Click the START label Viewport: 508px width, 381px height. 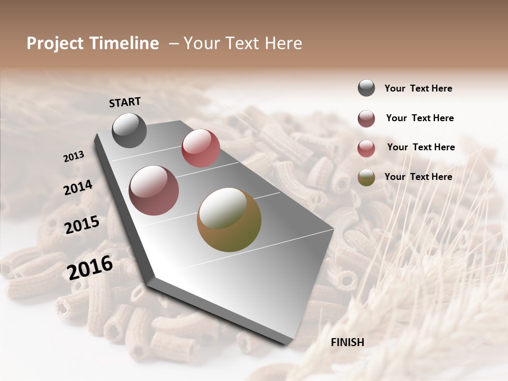(x=125, y=102)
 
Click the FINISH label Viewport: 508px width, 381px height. (x=347, y=342)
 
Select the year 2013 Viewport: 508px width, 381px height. (x=74, y=157)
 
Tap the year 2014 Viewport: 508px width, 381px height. (x=78, y=187)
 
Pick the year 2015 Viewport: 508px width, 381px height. (x=82, y=225)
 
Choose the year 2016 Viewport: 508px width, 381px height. (x=90, y=267)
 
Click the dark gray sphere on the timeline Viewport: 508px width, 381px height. (x=129, y=130)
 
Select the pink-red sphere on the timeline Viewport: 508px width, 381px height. (x=201, y=148)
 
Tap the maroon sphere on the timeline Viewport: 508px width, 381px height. (x=154, y=190)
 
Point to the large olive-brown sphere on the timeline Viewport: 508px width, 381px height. (x=229, y=220)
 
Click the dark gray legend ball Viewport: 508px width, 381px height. (x=366, y=88)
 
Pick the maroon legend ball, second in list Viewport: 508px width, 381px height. (x=366, y=119)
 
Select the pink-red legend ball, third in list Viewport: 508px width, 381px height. (x=366, y=148)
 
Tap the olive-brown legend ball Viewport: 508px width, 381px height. (x=366, y=177)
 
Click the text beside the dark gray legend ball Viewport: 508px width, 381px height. (x=418, y=88)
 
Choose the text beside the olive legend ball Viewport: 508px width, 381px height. (x=418, y=177)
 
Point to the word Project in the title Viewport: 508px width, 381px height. (x=55, y=43)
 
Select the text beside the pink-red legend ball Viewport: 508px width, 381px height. (x=421, y=147)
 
